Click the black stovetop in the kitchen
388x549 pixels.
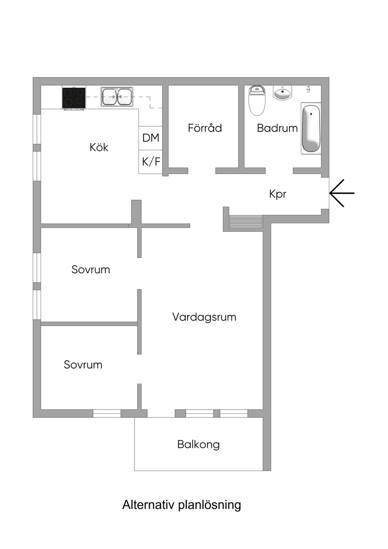point(74,98)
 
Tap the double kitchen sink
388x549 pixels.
point(117,97)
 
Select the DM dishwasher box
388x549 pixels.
point(150,138)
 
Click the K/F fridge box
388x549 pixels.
point(151,162)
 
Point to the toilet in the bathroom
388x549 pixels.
point(257,101)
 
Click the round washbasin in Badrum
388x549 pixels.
point(282,93)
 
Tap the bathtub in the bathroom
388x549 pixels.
point(311,128)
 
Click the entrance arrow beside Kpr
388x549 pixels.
point(342,193)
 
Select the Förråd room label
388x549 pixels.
point(205,128)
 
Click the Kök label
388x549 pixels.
point(99,147)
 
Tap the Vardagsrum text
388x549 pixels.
point(204,317)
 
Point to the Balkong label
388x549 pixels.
point(198,444)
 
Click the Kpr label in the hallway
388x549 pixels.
point(278,194)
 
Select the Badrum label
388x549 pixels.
point(277,128)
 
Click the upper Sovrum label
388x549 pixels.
point(91,269)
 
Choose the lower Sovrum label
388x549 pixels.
point(83,364)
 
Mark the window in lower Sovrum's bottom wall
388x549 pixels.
point(107,413)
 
